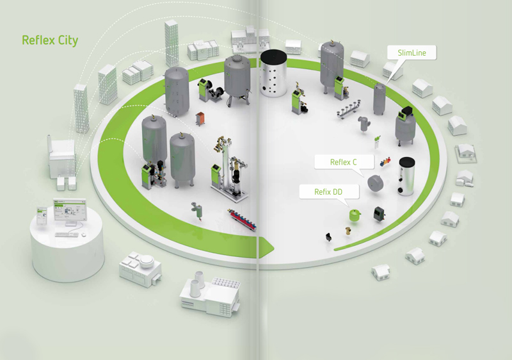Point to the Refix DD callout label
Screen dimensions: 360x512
(327, 192)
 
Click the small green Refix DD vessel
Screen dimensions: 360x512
(354, 214)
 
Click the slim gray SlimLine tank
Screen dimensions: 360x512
(380, 99)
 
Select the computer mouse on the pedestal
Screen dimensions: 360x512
(83, 234)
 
